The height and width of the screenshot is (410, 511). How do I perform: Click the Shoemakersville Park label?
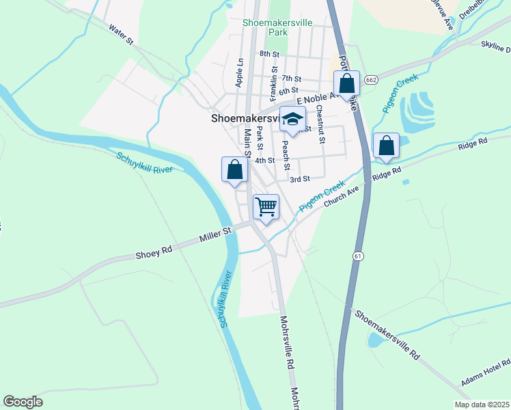[x=277, y=27]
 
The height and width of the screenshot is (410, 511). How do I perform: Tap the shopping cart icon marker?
[x=266, y=206]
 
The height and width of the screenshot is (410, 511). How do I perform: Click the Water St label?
[x=120, y=35]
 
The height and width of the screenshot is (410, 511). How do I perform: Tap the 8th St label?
[x=269, y=53]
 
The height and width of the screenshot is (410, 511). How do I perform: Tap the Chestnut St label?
[x=320, y=129]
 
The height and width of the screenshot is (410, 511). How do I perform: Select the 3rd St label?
[x=300, y=179]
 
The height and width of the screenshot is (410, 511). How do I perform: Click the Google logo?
[x=23, y=402]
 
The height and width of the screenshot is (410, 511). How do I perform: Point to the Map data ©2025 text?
[x=482, y=405]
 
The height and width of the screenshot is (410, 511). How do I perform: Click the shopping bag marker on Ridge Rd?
[x=386, y=146]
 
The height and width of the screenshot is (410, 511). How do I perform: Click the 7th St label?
[x=291, y=79]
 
